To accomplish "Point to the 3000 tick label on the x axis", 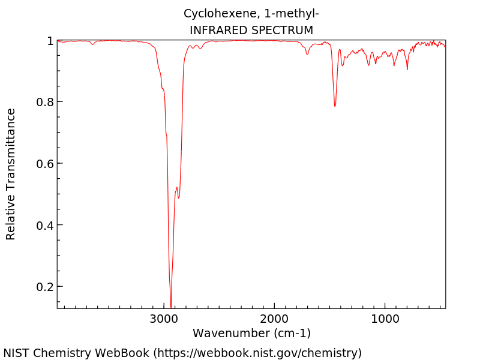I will click(x=164, y=319).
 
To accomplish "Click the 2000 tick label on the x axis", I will click(x=275, y=319).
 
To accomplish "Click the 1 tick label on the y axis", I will click(x=50, y=41).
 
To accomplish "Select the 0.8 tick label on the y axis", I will click(x=46, y=102).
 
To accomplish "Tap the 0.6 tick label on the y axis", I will click(x=46, y=164).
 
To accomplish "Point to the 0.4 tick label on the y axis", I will click(x=46, y=225).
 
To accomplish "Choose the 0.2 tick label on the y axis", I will click(x=46, y=287).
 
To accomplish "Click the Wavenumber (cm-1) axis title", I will click(x=251, y=333).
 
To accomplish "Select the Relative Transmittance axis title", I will click(x=11, y=174).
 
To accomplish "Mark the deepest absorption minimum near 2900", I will click(x=171, y=307).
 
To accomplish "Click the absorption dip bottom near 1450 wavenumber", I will click(x=335, y=106).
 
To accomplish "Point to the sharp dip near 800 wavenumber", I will click(x=407, y=70).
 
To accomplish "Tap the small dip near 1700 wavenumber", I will click(x=307, y=54).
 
